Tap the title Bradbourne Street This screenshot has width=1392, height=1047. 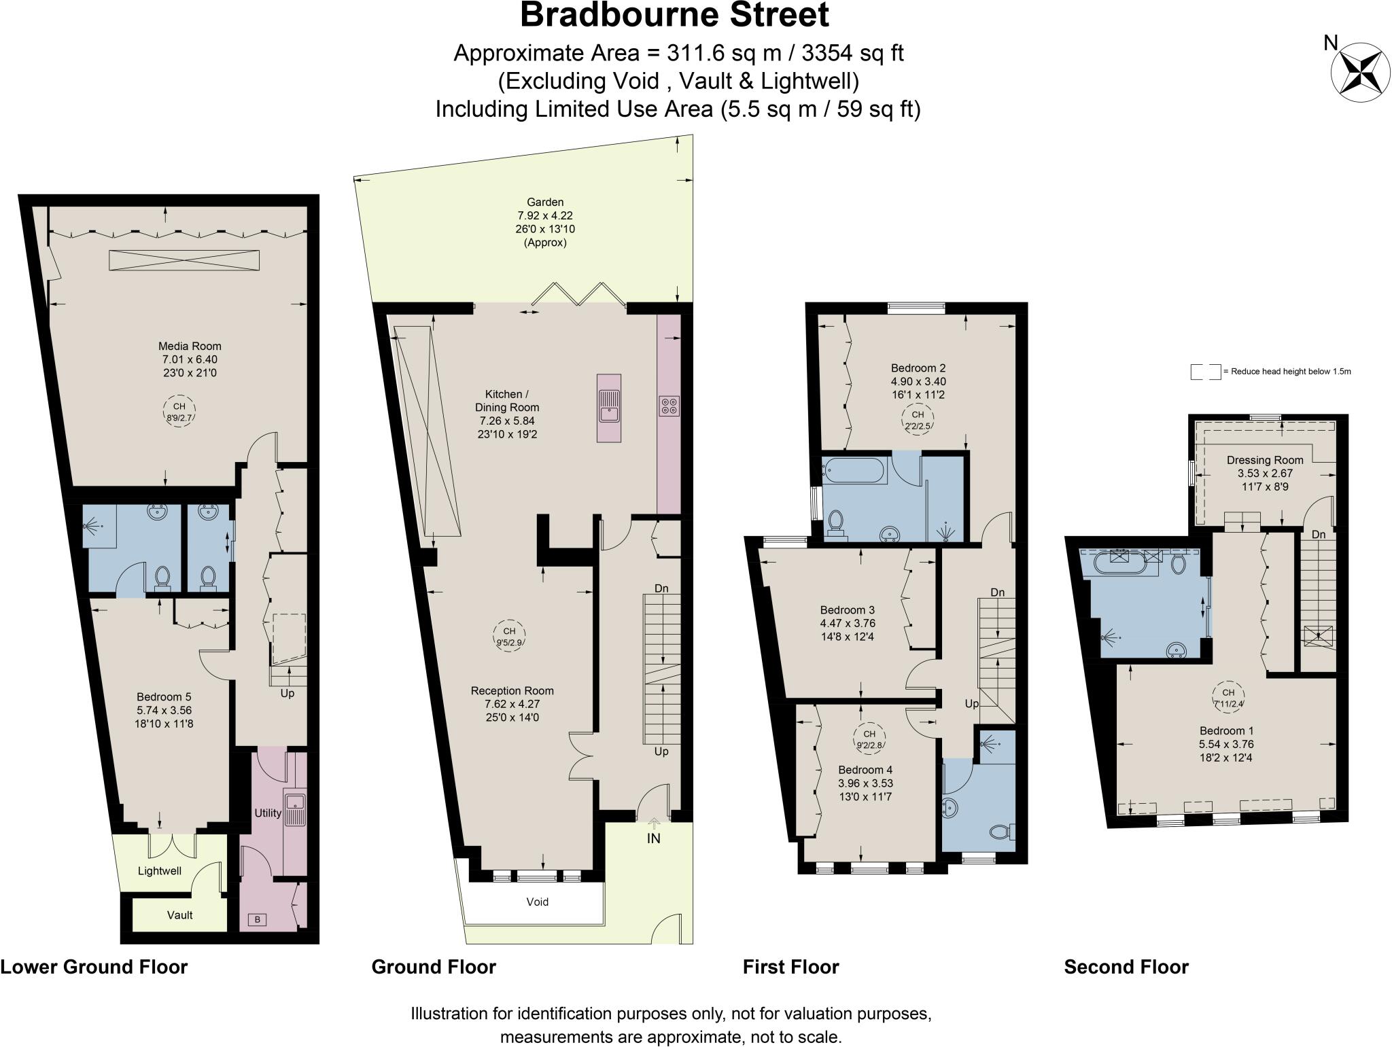[x=674, y=15]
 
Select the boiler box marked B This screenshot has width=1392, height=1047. [x=258, y=920]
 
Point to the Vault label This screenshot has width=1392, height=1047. [x=180, y=915]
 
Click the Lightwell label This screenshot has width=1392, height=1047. [x=160, y=870]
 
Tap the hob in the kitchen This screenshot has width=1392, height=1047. [x=669, y=406]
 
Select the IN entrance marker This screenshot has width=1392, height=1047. [x=653, y=838]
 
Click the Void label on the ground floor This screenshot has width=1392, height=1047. [x=537, y=902]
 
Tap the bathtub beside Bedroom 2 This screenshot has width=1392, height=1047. [x=854, y=469]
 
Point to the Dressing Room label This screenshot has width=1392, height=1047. [x=1265, y=460]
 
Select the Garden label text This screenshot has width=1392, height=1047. [x=545, y=202]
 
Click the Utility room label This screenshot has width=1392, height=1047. [x=268, y=813]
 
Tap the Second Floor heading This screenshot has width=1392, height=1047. [x=1126, y=967]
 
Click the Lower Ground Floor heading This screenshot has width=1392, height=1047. [x=94, y=967]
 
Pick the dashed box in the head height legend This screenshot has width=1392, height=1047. [x=1206, y=372]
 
